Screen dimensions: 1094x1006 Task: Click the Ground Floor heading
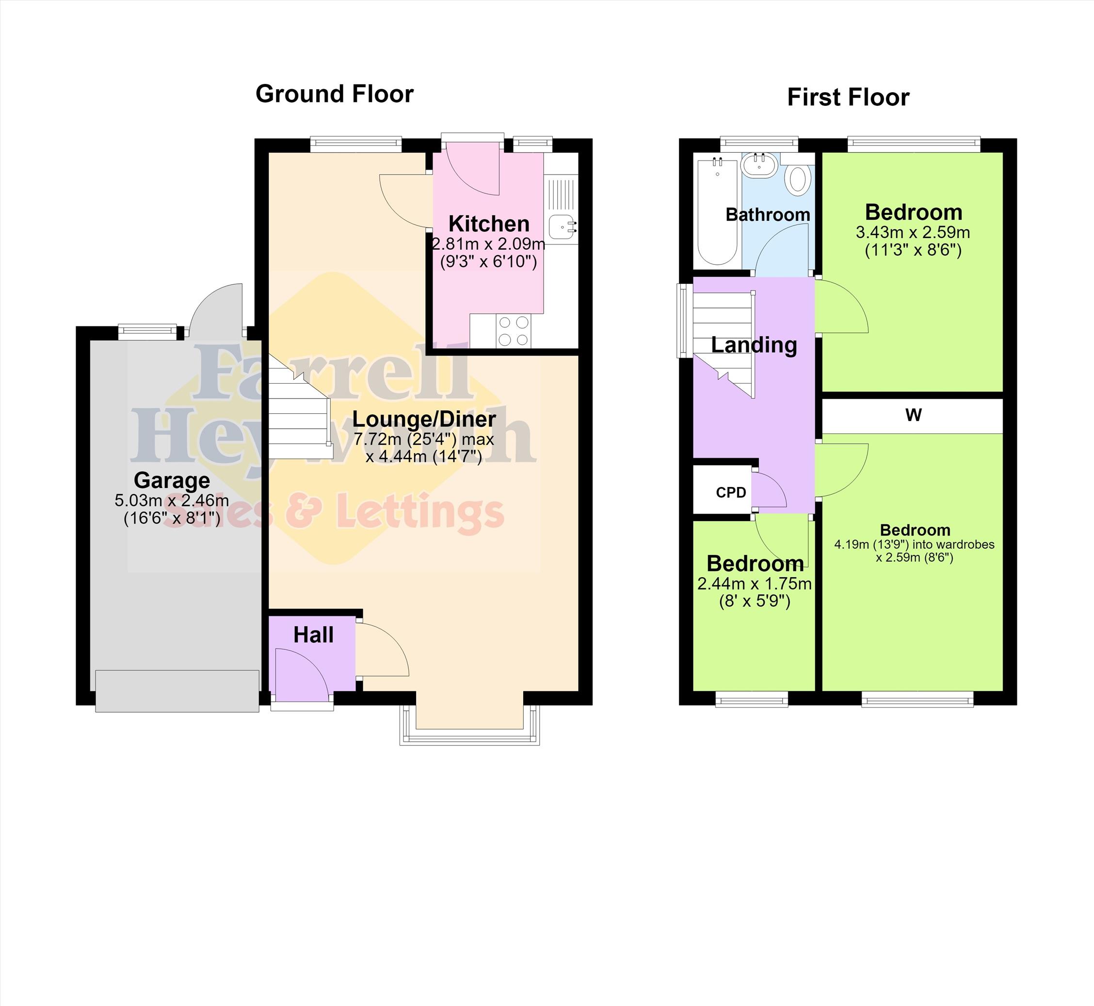point(334,94)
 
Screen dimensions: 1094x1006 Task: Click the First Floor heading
point(848,97)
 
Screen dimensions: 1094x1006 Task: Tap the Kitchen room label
point(489,224)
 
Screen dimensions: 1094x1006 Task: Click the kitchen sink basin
point(561,227)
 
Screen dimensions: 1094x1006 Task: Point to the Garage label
point(172,480)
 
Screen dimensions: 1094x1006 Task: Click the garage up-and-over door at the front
point(177,691)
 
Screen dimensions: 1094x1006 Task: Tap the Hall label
point(313,635)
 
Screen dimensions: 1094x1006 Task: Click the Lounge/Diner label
point(424,419)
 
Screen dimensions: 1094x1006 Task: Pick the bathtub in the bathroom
point(717,211)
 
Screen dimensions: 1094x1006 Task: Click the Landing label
point(754,345)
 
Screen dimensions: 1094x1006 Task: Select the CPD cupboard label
point(731,493)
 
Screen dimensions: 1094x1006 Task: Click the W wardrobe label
point(913,415)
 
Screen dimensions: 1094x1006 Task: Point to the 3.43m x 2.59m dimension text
point(913,232)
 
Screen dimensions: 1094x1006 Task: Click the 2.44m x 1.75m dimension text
point(755,584)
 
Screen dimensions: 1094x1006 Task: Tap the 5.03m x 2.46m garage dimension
point(172,500)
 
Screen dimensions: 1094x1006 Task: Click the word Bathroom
point(768,214)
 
